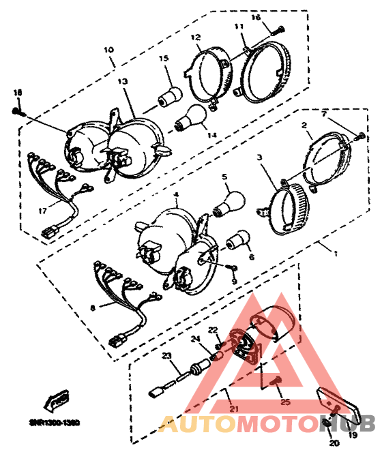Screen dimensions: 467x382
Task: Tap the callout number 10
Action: pyautogui.click(x=108, y=50)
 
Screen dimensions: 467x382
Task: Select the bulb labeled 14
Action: pyautogui.click(x=190, y=121)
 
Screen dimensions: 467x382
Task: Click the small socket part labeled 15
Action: pyautogui.click(x=170, y=95)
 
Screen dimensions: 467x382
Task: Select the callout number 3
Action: pyautogui.click(x=260, y=157)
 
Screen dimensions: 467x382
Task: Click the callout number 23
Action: pyautogui.click(x=165, y=355)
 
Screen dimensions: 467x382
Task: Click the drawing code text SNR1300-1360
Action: pyautogui.click(x=54, y=422)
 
